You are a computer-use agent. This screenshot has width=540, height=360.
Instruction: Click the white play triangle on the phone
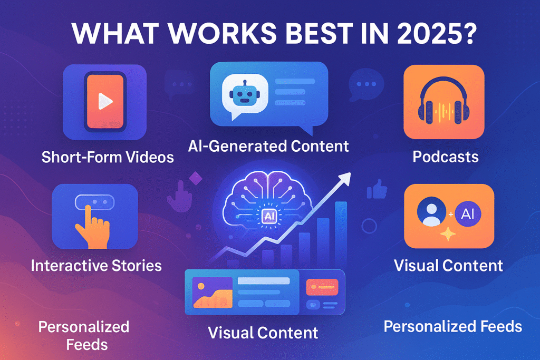tap(105, 101)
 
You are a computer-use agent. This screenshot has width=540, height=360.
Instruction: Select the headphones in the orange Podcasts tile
tap(443, 101)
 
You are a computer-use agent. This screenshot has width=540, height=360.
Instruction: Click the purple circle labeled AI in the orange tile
tap(468, 213)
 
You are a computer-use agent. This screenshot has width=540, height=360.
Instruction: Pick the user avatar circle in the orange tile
tap(431, 211)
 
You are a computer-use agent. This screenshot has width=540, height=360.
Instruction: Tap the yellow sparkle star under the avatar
tap(448, 234)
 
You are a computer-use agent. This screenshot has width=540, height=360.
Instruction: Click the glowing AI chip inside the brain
tap(268, 216)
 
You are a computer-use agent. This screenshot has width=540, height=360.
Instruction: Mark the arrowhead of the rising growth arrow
tap(344, 178)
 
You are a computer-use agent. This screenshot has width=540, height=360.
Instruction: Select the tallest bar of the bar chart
tap(341, 234)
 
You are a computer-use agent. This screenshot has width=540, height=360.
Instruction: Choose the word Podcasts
tap(445, 157)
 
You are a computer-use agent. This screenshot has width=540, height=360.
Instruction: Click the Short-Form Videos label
tap(108, 157)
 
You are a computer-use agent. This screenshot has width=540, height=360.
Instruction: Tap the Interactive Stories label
tap(96, 266)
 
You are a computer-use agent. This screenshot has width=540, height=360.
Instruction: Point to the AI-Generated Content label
tap(268, 146)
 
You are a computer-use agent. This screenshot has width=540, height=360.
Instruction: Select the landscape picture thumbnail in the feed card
tap(213, 292)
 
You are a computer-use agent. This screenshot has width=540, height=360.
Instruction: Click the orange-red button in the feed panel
tap(322, 287)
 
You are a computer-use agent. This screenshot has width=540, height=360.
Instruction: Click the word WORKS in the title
tap(223, 33)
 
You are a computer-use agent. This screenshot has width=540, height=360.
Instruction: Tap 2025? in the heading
tap(437, 33)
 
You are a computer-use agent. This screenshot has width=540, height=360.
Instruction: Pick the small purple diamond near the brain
tap(196, 178)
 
